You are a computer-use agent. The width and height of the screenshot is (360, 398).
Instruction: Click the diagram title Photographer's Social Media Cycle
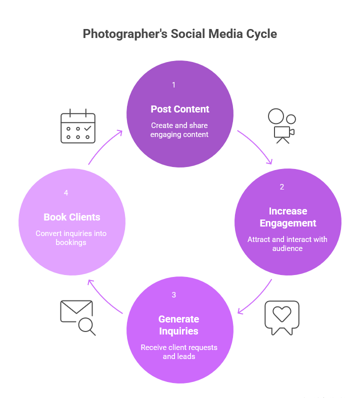click(x=179, y=34)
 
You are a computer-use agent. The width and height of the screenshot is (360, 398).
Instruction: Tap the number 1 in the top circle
click(x=173, y=85)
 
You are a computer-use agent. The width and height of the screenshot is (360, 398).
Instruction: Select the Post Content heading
click(x=179, y=109)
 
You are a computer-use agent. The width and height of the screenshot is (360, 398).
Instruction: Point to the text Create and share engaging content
click(x=179, y=129)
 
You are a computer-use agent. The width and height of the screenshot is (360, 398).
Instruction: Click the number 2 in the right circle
click(x=282, y=187)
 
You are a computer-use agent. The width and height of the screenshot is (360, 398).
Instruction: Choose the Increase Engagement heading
click(x=288, y=217)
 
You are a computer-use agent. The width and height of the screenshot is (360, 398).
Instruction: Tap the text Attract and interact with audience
click(x=287, y=243)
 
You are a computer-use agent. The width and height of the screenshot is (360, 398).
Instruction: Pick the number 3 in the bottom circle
click(x=173, y=294)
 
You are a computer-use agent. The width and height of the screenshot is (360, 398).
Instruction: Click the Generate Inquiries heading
click(x=178, y=325)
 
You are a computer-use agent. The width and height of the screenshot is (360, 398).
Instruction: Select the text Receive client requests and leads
click(x=179, y=352)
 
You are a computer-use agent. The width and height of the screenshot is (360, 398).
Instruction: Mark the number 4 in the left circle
click(x=66, y=193)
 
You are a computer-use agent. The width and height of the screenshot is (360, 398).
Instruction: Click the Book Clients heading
click(x=72, y=217)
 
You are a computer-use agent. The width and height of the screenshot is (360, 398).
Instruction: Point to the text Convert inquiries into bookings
click(x=71, y=238)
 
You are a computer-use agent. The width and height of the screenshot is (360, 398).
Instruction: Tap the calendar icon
click(x=78, y=126)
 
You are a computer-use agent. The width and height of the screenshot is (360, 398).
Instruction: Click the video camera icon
click(x=282, y=126)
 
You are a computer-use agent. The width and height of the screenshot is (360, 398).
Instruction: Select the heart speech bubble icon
click(x=282, y=318)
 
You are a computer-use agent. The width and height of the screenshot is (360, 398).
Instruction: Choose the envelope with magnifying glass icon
click(x=78, y=318)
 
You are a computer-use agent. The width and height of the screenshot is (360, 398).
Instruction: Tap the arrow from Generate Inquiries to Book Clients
click(x=103, y=298)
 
